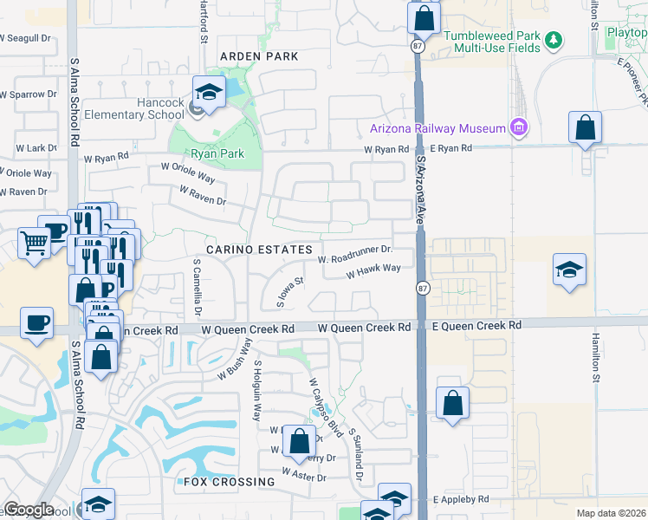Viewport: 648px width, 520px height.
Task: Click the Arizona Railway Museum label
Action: click(437, 128)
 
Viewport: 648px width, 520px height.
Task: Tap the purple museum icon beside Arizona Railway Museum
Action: click(519, 128)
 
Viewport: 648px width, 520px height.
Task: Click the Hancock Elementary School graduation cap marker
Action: click(209, 91)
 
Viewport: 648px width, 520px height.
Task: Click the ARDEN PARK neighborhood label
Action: click(258, 56)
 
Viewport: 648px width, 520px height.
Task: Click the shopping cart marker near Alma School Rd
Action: click(34, 244)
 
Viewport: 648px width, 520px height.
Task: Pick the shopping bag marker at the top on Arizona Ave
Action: click(424, 16)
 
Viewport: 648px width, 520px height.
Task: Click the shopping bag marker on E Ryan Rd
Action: click(586, 127)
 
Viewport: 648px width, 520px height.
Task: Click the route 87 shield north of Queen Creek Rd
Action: click(422, 288)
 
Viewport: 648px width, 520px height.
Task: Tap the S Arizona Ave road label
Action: click(423, 182)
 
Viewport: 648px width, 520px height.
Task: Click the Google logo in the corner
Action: click(29, 510)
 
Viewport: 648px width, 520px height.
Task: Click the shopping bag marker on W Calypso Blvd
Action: click(299, 440)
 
